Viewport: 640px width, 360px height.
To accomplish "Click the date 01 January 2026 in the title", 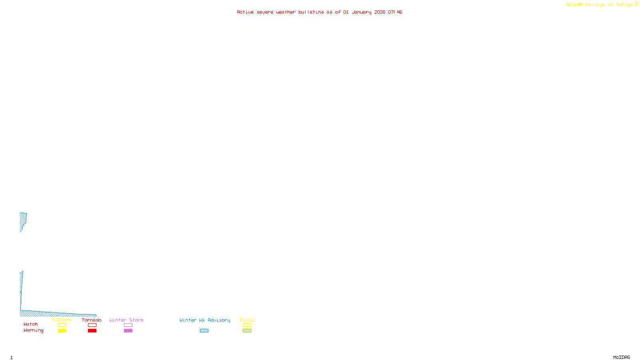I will (x=364, y=12).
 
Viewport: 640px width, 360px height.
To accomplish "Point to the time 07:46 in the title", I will (x=395, y=12).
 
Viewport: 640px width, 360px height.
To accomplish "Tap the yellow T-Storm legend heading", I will (x=62, y=320).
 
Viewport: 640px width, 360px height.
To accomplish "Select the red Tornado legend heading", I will (x=92, y=320).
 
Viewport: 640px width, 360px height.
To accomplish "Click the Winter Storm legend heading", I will (x=126, y=320).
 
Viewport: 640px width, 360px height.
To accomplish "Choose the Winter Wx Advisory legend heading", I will (x=205, y=320).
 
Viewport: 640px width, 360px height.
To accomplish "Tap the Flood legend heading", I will (x=247, y=320).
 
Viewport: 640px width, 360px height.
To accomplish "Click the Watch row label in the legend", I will (x=31, y=324).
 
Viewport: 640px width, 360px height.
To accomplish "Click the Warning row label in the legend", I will (x=34, y=330).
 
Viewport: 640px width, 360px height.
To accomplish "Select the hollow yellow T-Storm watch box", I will (x=62, y=325).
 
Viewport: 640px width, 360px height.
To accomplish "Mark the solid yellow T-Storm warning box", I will (x=62, y=331).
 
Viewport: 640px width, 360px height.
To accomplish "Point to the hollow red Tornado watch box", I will (x=92, y=325).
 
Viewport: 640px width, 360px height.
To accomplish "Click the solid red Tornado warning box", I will (x=92, y=331).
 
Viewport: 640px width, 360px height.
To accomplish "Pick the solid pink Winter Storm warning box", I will (x=128, y=331).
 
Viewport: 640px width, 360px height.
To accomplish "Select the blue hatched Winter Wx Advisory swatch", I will (x=204, y=331).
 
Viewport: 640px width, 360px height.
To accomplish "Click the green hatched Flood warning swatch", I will (x=247, y=331).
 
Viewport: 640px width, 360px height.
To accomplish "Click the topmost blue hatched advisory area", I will (x=23, y=219).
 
